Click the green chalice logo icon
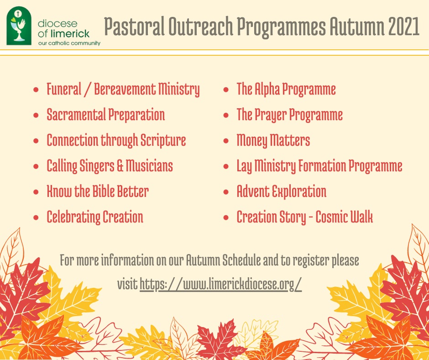coord(19,26)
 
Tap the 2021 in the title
coord(403,26)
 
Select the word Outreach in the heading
coord(200,26)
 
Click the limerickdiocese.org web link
coord(220,284)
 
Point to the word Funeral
coord(64,89)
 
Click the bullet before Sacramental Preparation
coord(36,115)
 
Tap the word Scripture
coord(163,140)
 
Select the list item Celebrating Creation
coord(95,217)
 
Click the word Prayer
coord(271,115)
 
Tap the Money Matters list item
coord(273,140)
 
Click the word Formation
coord(322,166)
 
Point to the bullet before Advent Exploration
coord(226,192)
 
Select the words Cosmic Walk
coord(344,217)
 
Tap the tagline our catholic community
coord(69,43)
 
